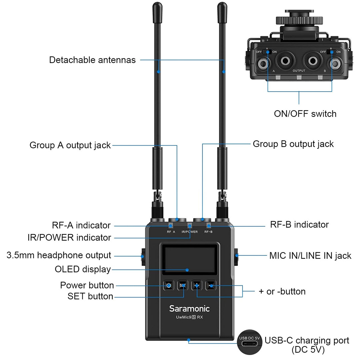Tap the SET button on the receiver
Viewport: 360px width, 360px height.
click(x=183, y=285)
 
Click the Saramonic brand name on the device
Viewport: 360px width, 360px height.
click(x=189, y=308)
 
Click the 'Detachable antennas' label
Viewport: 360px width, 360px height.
click(x=92, y=60)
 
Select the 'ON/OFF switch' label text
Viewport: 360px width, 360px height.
click(x=305, y=114)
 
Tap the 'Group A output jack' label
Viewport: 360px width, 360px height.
click(x=70, y=145)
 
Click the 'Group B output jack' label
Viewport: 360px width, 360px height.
click(x=293, y=144)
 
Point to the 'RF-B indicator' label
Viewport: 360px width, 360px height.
click(x=299, y=224)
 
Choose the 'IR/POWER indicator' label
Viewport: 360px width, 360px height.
click(x=69, y=238)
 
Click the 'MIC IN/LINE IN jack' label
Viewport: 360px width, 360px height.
click(x=310, y=256)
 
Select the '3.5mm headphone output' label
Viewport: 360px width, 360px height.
click(x=59, y=255)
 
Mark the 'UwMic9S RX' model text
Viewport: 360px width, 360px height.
click(x=189, y=317)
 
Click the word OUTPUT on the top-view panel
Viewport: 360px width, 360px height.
click(x=299, y=71)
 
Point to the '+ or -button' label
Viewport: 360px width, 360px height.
click(x=282, y=291)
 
